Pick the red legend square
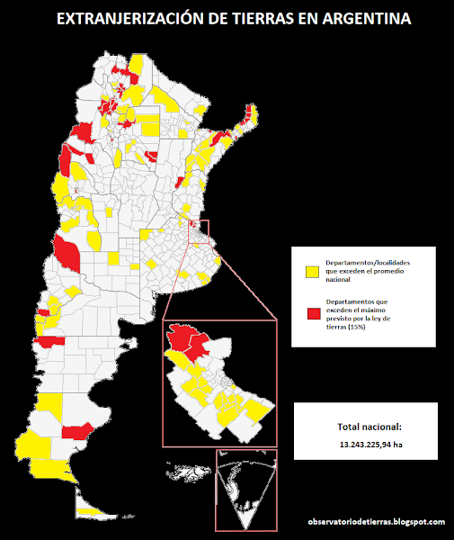(313, 312)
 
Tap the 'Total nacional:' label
(369, 427)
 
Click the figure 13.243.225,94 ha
(370, 445)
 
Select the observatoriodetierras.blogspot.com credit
(376, 522)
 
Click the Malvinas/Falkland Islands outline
(187, 469)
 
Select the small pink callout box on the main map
(198, 229)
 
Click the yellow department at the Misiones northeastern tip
(254, 113)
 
